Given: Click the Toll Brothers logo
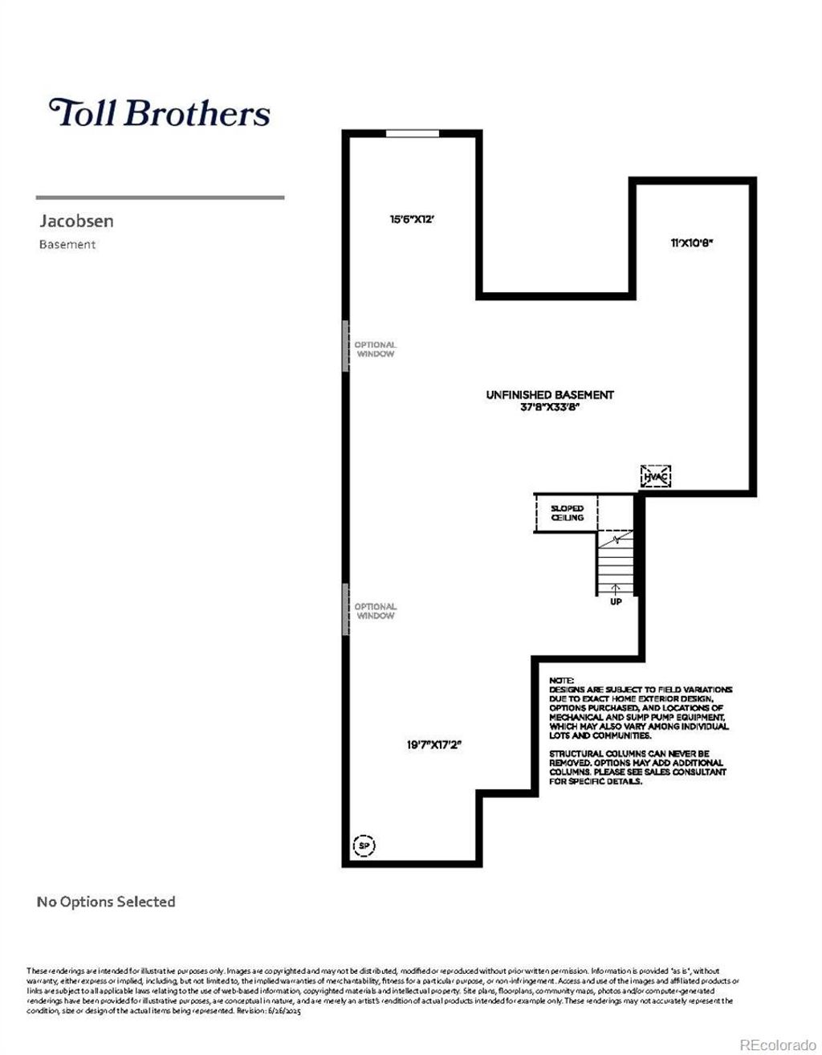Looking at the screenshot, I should pyautogui.click(x=160, y=112).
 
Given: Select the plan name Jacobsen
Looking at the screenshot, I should pyautogui.click(x=76, y=221).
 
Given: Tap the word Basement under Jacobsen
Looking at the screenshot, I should pyautogui.click(x=67, y=245).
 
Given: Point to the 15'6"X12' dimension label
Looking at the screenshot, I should pyautogui.click(x=412, y=218).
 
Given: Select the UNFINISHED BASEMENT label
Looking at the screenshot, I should pyautogui.click(x=550, y=394).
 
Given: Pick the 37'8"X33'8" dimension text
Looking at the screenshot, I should pyautogui.click(x=550, y=407).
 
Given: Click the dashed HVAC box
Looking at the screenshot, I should pyautogui.click(x=655, y=476).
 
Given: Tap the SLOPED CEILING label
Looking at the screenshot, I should pyautogui.click(x=567, y=513).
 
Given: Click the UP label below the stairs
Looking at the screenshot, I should pyautogui.click(x=616, y=601).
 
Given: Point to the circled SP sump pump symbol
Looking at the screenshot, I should pyautogui.click(x=364, y=845).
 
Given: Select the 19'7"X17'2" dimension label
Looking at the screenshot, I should pyautogui.click(x=434, y=744).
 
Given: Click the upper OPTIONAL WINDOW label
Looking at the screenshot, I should pyautogui.click(x=375, y=349).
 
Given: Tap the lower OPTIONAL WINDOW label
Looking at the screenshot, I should pyautogui.click(x=375, y=611).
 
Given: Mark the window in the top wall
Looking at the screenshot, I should pyautogui.click(x=413, y=133).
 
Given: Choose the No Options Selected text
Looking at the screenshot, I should pyautogui.click(x=106, y=902).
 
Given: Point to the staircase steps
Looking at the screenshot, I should pyautogui.click(x=615, y=562).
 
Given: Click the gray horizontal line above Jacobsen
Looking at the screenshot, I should pyautogui.click(x=160, y=197).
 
